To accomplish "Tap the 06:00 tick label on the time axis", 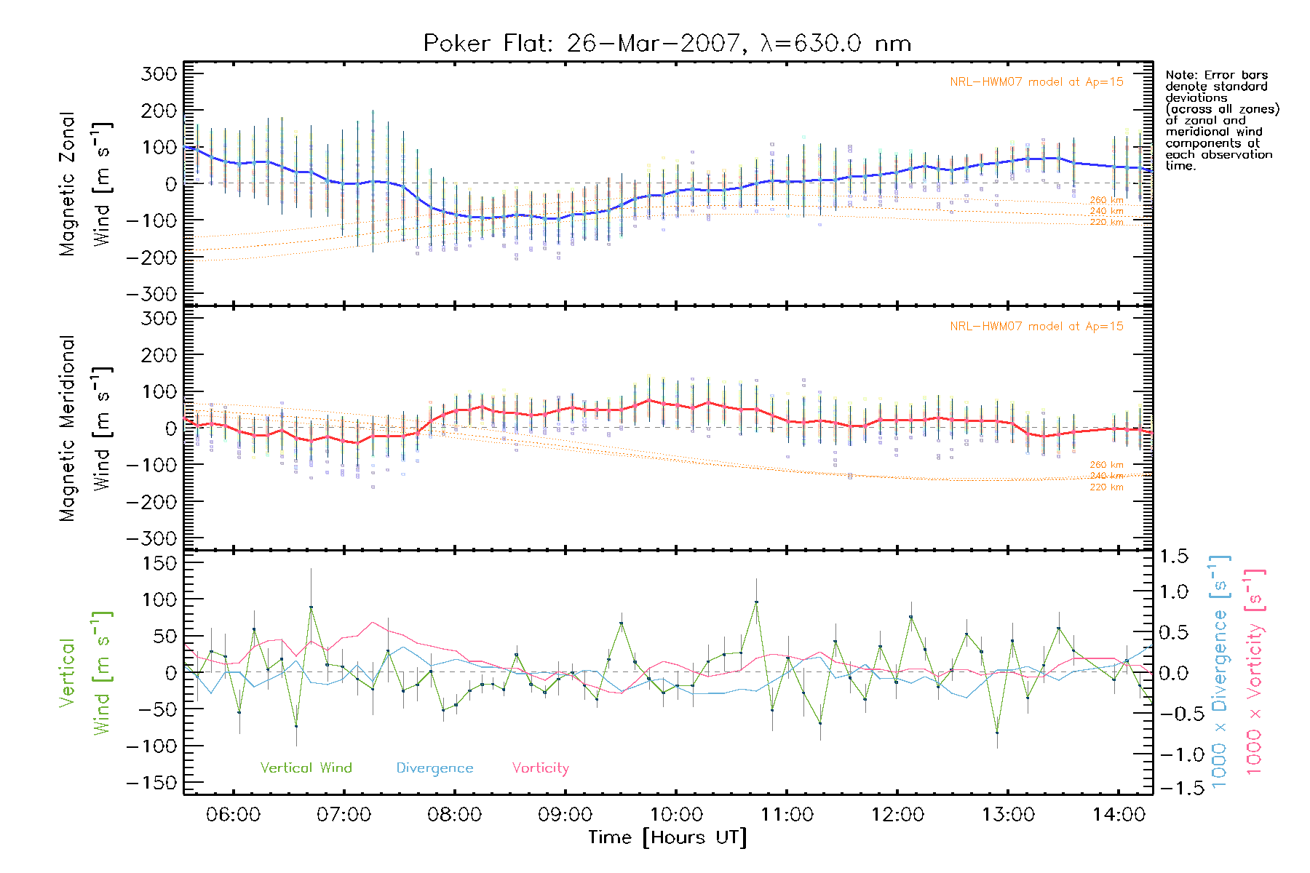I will tap(233, 815).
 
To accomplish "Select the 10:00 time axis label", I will tap(676, 815).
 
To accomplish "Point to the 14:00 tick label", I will tap(1119, 815).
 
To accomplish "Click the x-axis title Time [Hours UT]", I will tap(667, 838).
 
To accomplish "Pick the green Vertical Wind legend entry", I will tap(306, 768).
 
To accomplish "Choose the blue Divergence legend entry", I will tap(434, 768).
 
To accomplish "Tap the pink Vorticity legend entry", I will tap(540, 768).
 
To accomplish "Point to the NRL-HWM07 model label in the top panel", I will tap(1036, 82).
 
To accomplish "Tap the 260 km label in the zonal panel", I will tap(1106, 200).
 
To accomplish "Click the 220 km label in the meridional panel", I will tap(1106, 487).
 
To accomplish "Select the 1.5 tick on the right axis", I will tap(1174, 557).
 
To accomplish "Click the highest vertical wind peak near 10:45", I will tap(756, 602).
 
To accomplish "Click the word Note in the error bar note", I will tap(1179, 75).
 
